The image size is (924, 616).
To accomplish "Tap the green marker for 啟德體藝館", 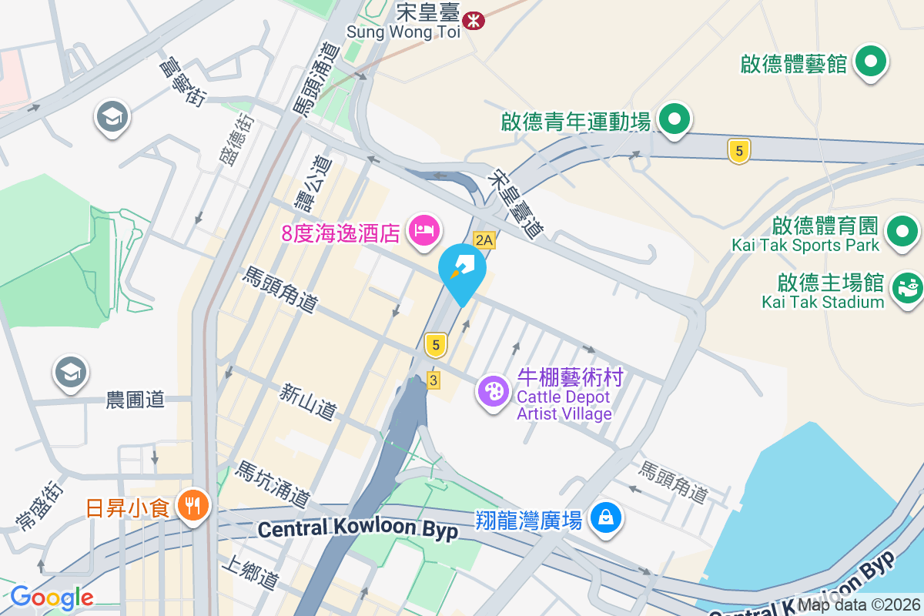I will tap(872, 62).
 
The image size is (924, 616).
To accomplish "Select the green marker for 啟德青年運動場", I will tap(675, 119).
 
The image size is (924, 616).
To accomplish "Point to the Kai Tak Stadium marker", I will tap(907, 288).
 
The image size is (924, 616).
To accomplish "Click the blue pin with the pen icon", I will tap(462, 270).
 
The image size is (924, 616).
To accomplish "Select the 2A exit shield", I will tap(484, 240).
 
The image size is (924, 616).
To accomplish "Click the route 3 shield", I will tap(434, 380).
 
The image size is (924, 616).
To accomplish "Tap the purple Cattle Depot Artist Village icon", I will tap(493, 391).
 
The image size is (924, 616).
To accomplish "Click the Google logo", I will tap(52, 597).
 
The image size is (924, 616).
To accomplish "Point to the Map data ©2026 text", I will tap(858, 605).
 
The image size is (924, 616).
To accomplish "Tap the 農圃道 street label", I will tap(136, 400).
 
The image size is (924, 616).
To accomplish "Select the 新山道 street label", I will tap(308, 403).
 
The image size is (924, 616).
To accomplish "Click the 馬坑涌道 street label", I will tap(273, 484).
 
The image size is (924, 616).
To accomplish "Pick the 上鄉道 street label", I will tap(249, 573).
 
